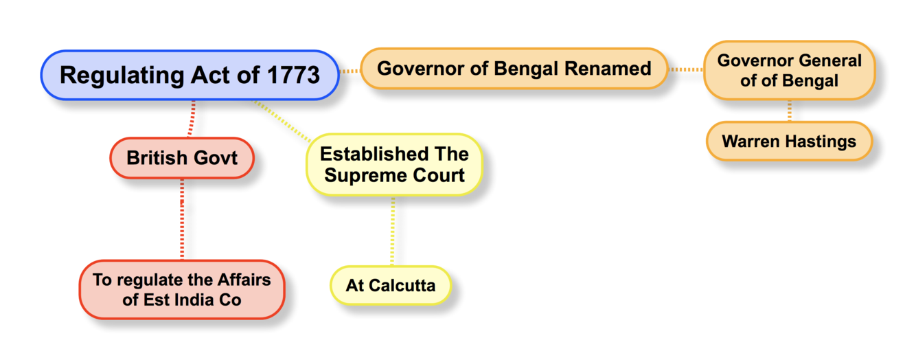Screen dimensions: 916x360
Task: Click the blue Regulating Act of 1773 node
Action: pos(190,75)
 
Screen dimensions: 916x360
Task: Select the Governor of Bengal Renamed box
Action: pos(514,69)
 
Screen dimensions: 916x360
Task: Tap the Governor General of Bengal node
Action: pos(789,70)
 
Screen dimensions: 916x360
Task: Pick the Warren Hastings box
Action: pos(789,142)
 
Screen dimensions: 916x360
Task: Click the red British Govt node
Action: pos(182,158)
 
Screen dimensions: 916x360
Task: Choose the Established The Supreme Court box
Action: pos(394,165)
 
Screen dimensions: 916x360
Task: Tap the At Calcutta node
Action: pos(391,285)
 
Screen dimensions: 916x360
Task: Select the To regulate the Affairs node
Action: pos(182,289)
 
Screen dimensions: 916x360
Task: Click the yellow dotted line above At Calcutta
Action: pos(392,231)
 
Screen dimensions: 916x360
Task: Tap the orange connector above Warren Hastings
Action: pos(790,110)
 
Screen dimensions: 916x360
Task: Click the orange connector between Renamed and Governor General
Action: pos(685,69)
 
